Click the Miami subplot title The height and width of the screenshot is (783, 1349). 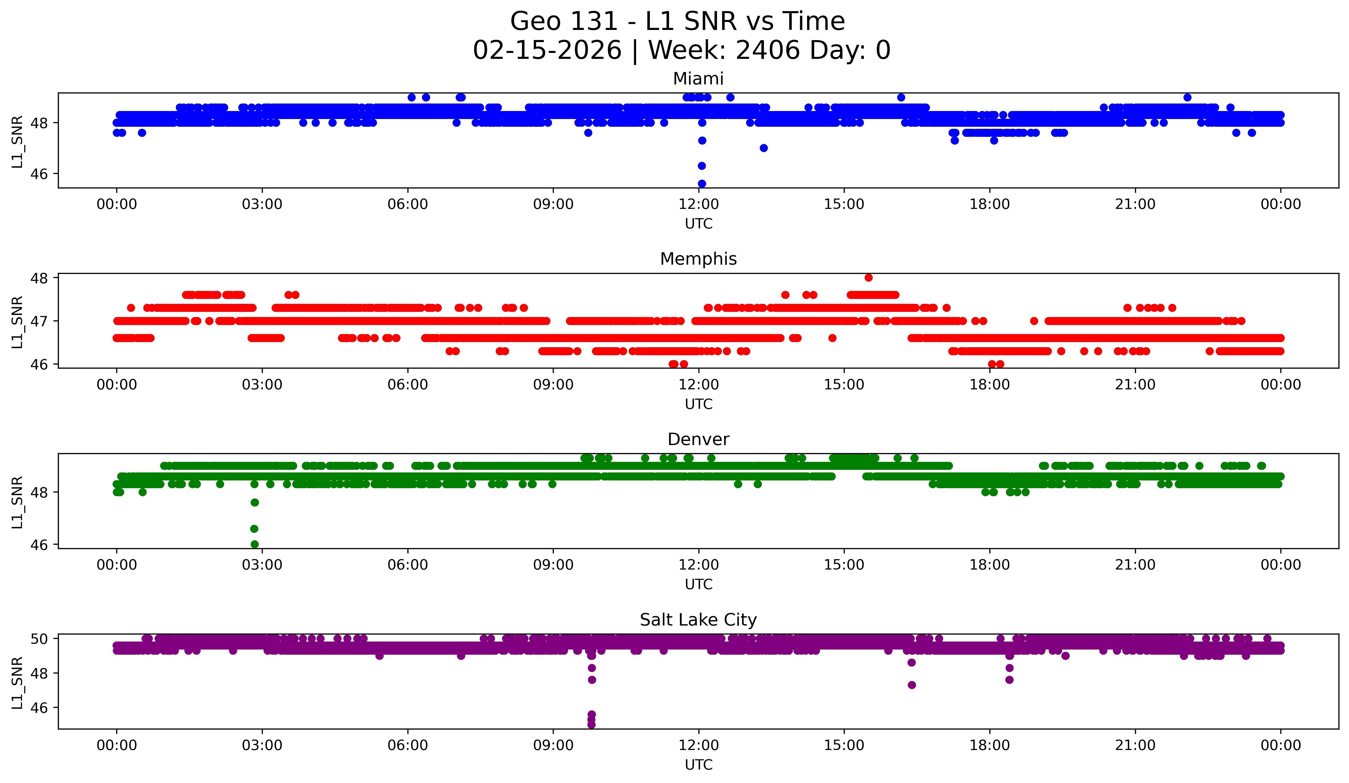[698, 79]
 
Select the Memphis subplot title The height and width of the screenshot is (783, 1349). [698, 259]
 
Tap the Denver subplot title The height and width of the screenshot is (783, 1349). [698, 439]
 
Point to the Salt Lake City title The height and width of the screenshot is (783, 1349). [698, 620]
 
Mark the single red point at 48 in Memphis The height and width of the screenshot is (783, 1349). [868, 277]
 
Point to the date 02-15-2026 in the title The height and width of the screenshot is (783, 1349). [547, 50]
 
